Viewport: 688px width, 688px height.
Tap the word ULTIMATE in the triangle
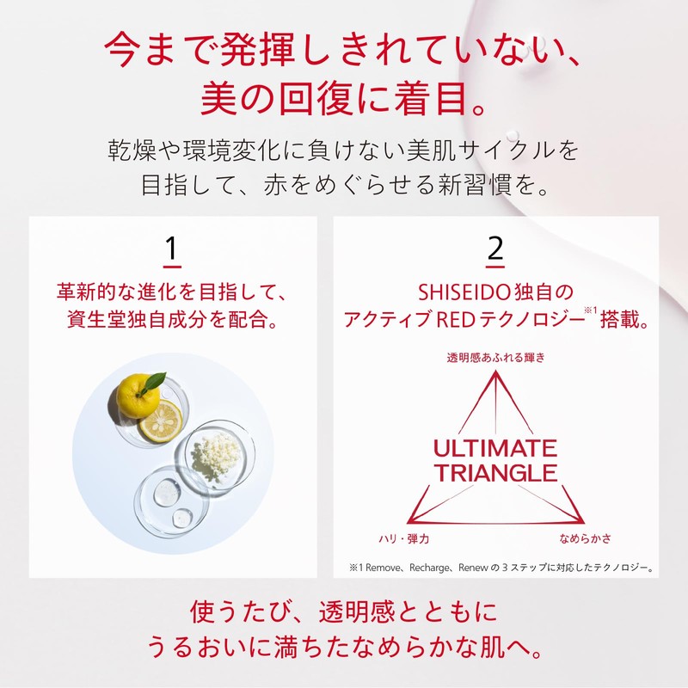[x=494, y=449]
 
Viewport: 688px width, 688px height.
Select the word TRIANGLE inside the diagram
[x=494, y=473]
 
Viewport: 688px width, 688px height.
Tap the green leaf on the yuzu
[x=156, y=381]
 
